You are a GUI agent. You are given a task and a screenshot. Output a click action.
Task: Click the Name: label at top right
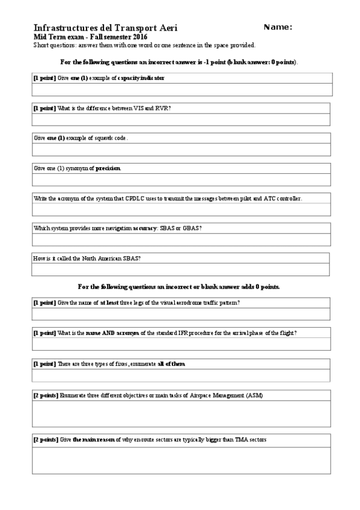pyautogui.click(x=278, y=27)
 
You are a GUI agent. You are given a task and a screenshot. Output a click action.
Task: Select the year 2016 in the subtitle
pyautogui.click(x=138, y=37)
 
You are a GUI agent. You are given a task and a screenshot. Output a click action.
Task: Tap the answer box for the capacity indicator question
pyautogui.click(x=181, y=90)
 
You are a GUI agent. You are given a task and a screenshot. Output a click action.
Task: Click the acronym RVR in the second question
pyautogui.click(x=162, y=108)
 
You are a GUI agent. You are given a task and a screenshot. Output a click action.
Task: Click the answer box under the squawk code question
pyautogui.click(x=181, y=150)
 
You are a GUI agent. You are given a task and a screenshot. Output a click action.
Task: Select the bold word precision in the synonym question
pyautogui.click(x=108, y=168)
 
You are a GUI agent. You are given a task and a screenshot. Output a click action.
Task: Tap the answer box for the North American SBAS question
pyautogui.click(x=181, y=269)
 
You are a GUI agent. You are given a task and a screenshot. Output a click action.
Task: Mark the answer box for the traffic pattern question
pyautogui.click(x=181, y=313)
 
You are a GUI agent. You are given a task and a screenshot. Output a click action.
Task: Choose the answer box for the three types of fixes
pyautogui.click(x=181, y=375)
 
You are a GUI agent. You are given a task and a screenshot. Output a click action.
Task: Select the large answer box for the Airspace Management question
pyautogui.click(x=181, y=414)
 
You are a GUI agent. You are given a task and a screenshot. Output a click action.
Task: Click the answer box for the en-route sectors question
pyautogui.click(x=181, y=460)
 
